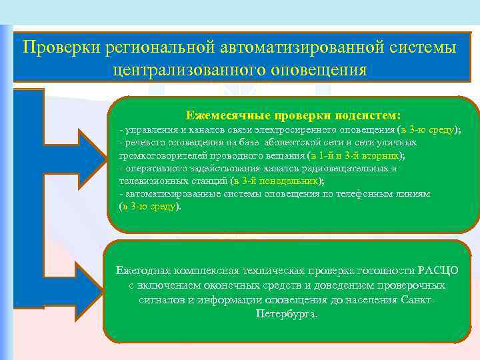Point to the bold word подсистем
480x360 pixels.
pos(367,115)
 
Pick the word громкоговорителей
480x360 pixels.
pos(158,155)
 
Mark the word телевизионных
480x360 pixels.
pos(151,181)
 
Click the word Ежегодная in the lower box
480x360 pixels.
pos(143,270)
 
